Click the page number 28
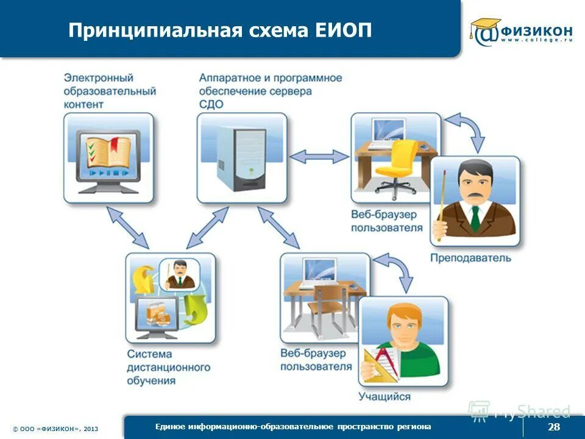click(x=553, y=426)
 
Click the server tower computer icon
click(x=242, y=157)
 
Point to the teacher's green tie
click(x=475, y=218)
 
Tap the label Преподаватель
click(x=470, y=258)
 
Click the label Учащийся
click(x=385, y=397)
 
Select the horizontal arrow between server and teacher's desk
click(x=319, y=157)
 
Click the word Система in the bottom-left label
click(x=150, y=354)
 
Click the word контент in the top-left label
click(x=84, y=104)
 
